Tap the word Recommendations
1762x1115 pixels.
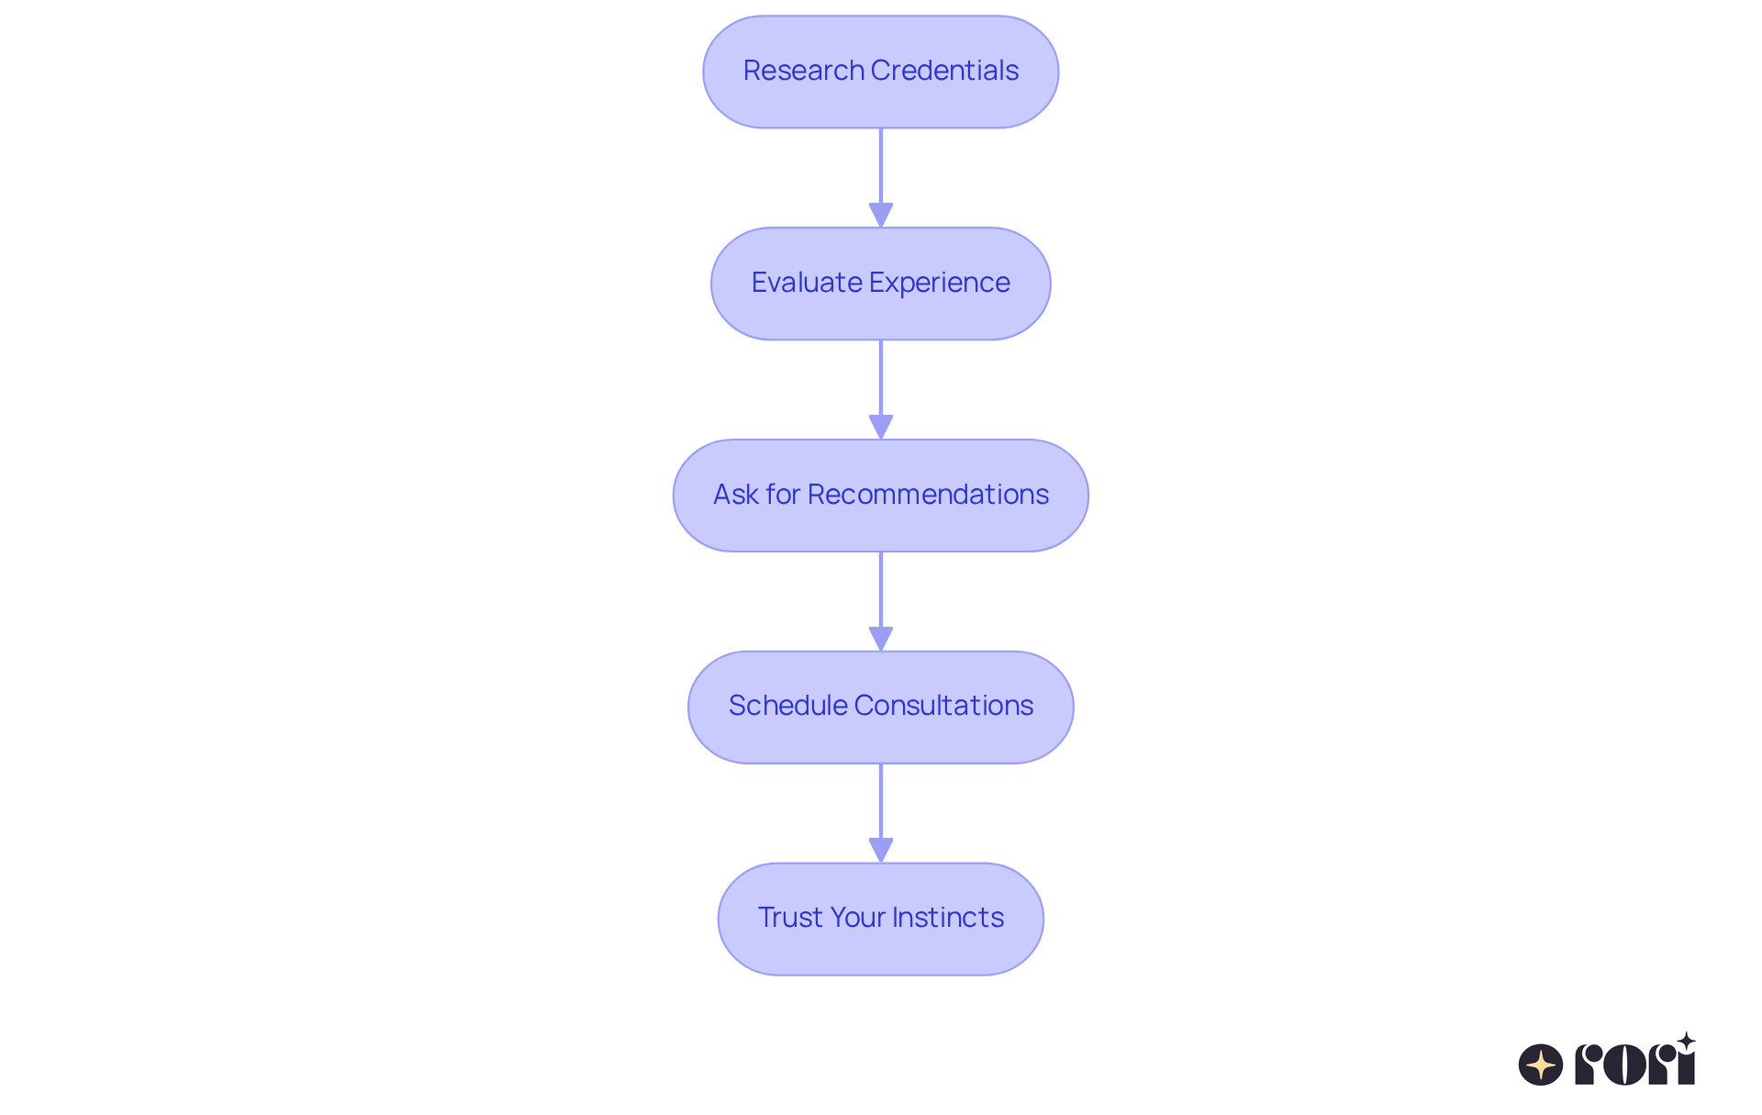(928, 495)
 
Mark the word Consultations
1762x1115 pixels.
(943, 706)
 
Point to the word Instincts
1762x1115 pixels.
(948, 918)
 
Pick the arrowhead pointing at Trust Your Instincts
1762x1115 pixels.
(881, 850)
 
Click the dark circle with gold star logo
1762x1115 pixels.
(1541, 1065)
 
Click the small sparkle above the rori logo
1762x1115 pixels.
(1686, 1042)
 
